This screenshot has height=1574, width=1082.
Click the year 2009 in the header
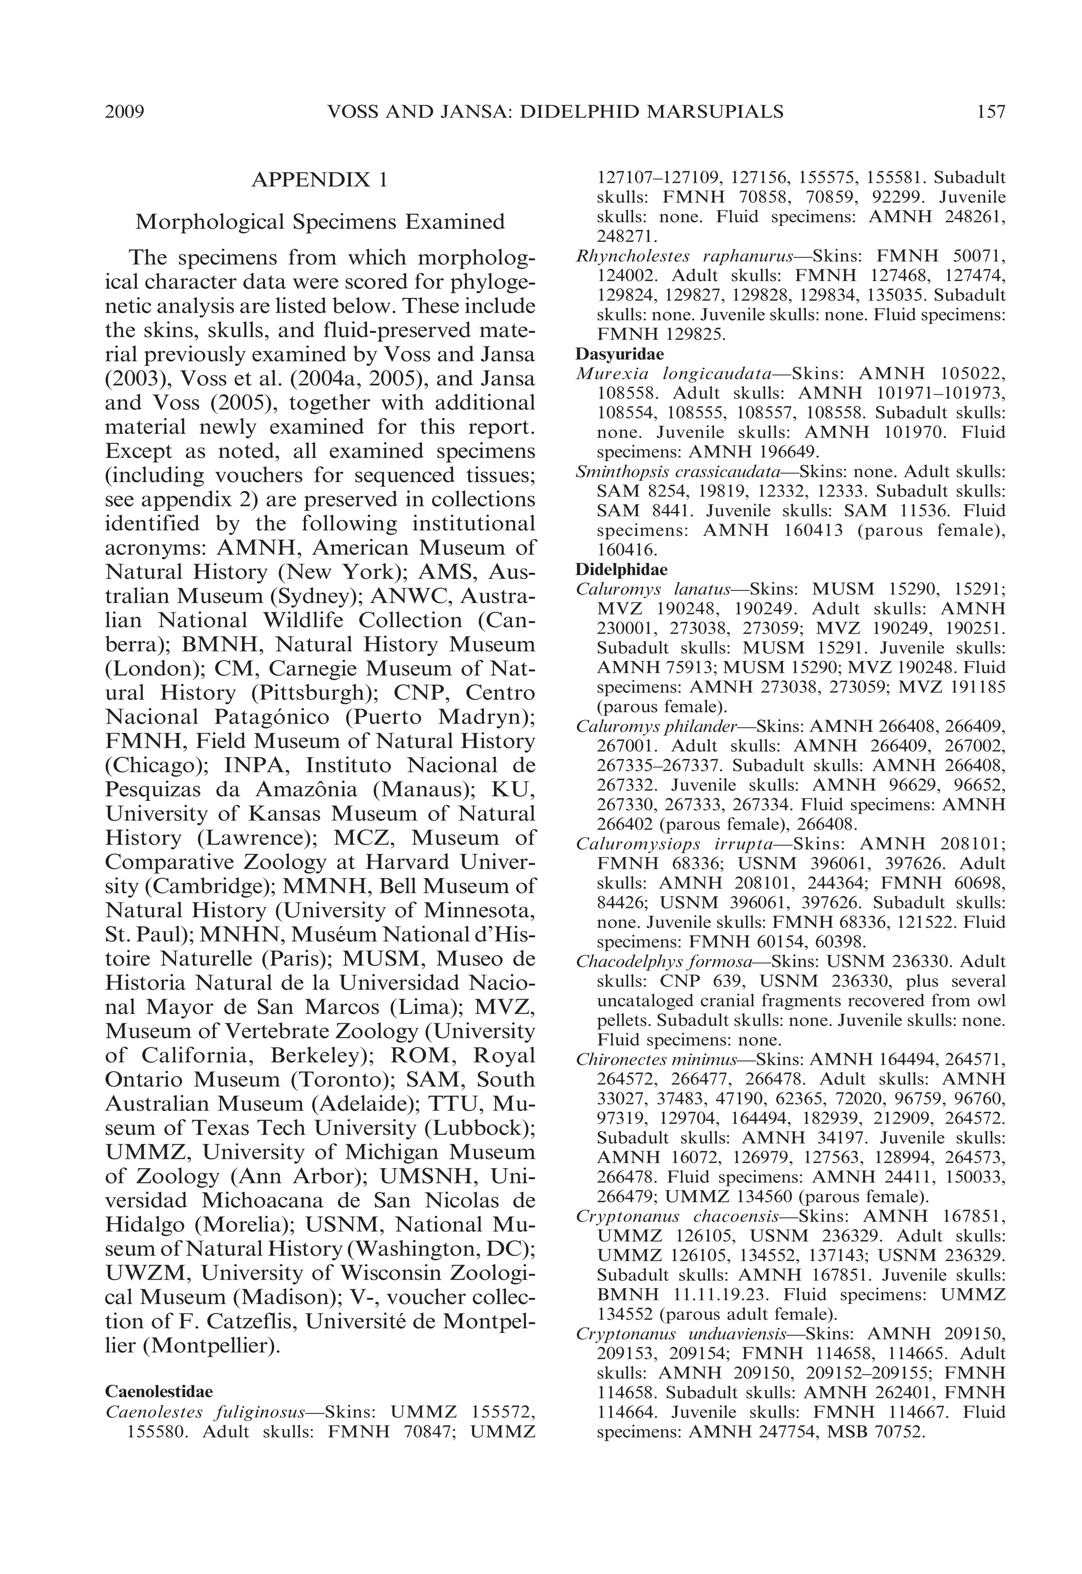[x=125, y=112]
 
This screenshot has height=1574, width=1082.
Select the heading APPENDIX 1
[x=319, y=180]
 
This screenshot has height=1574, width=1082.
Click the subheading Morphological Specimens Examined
[x=319, y=222]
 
